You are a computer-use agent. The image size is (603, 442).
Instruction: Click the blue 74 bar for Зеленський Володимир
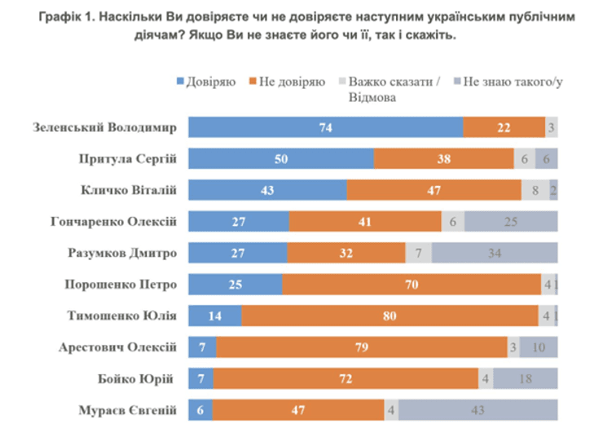point(326,127)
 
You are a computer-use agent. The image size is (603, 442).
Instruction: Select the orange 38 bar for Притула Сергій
point(444,159)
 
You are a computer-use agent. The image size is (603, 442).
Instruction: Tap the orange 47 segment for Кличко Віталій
point(434,190)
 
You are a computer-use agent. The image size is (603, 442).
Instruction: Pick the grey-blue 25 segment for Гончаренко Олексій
point(511,221)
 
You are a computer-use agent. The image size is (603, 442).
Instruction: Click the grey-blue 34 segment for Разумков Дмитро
point(495,253)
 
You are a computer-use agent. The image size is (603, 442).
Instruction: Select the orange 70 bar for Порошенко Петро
point(412,285)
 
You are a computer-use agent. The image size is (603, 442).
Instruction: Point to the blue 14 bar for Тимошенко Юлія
point(215,316)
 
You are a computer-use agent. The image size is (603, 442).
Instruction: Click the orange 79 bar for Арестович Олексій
point(362,347)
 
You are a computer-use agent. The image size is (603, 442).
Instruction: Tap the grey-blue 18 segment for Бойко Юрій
point(526,378)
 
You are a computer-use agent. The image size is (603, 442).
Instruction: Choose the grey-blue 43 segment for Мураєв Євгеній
point(478,410)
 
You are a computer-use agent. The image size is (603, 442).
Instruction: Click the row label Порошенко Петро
point(120,285)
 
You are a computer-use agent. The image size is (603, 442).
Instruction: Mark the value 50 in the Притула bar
point(280,159)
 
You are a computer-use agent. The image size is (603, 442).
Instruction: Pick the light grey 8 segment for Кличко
point(535,190)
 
